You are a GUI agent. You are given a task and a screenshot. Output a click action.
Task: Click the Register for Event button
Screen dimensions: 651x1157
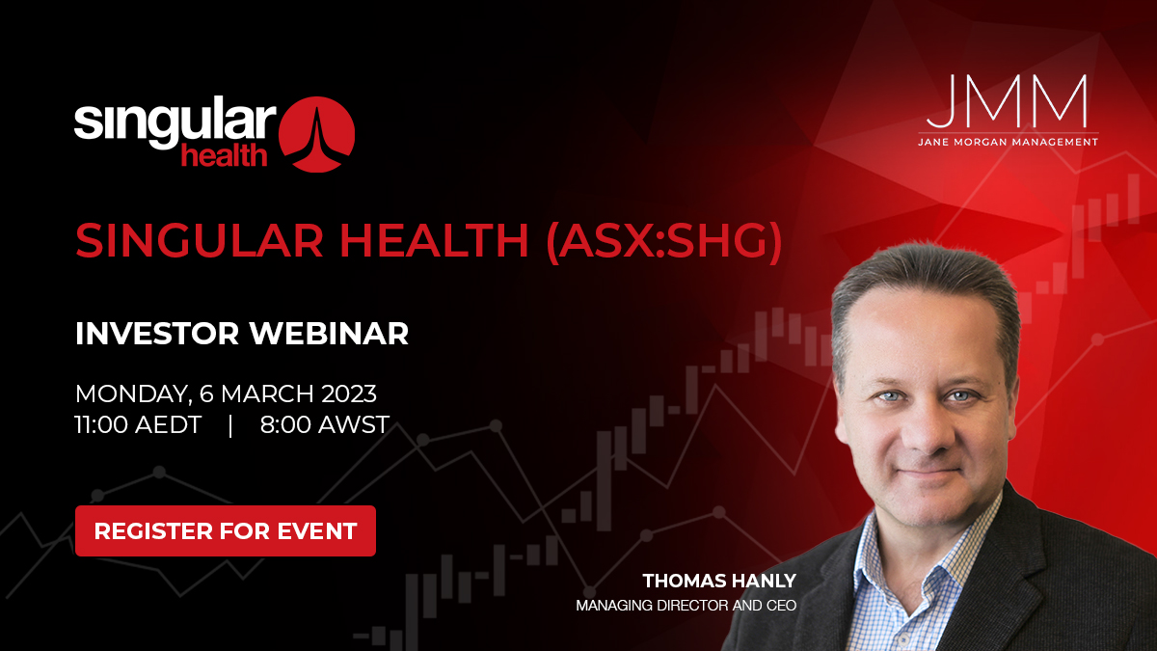click(225, 530)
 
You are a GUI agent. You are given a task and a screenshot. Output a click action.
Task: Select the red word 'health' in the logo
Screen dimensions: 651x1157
click(224, 154)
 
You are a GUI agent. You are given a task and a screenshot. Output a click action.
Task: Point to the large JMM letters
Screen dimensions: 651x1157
click(1008, 101)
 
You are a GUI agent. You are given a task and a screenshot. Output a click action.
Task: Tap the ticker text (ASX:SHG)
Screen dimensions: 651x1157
click(663, 241)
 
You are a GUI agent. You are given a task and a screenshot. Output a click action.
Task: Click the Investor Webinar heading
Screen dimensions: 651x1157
click(242, 334)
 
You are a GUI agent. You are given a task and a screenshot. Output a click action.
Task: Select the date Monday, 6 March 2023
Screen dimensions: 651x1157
click(226, 393)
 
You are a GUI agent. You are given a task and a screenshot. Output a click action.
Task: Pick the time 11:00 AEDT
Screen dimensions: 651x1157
click(138, 424)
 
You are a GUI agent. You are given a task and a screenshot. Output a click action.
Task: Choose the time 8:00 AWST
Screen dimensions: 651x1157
click(324, 424)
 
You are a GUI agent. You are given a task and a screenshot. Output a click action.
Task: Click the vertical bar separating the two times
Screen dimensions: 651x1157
click(230, 424)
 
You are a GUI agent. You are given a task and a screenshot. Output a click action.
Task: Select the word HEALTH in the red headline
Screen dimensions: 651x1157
click(422, 241)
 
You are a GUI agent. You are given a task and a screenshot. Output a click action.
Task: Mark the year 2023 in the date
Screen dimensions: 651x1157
click(342, 393)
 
